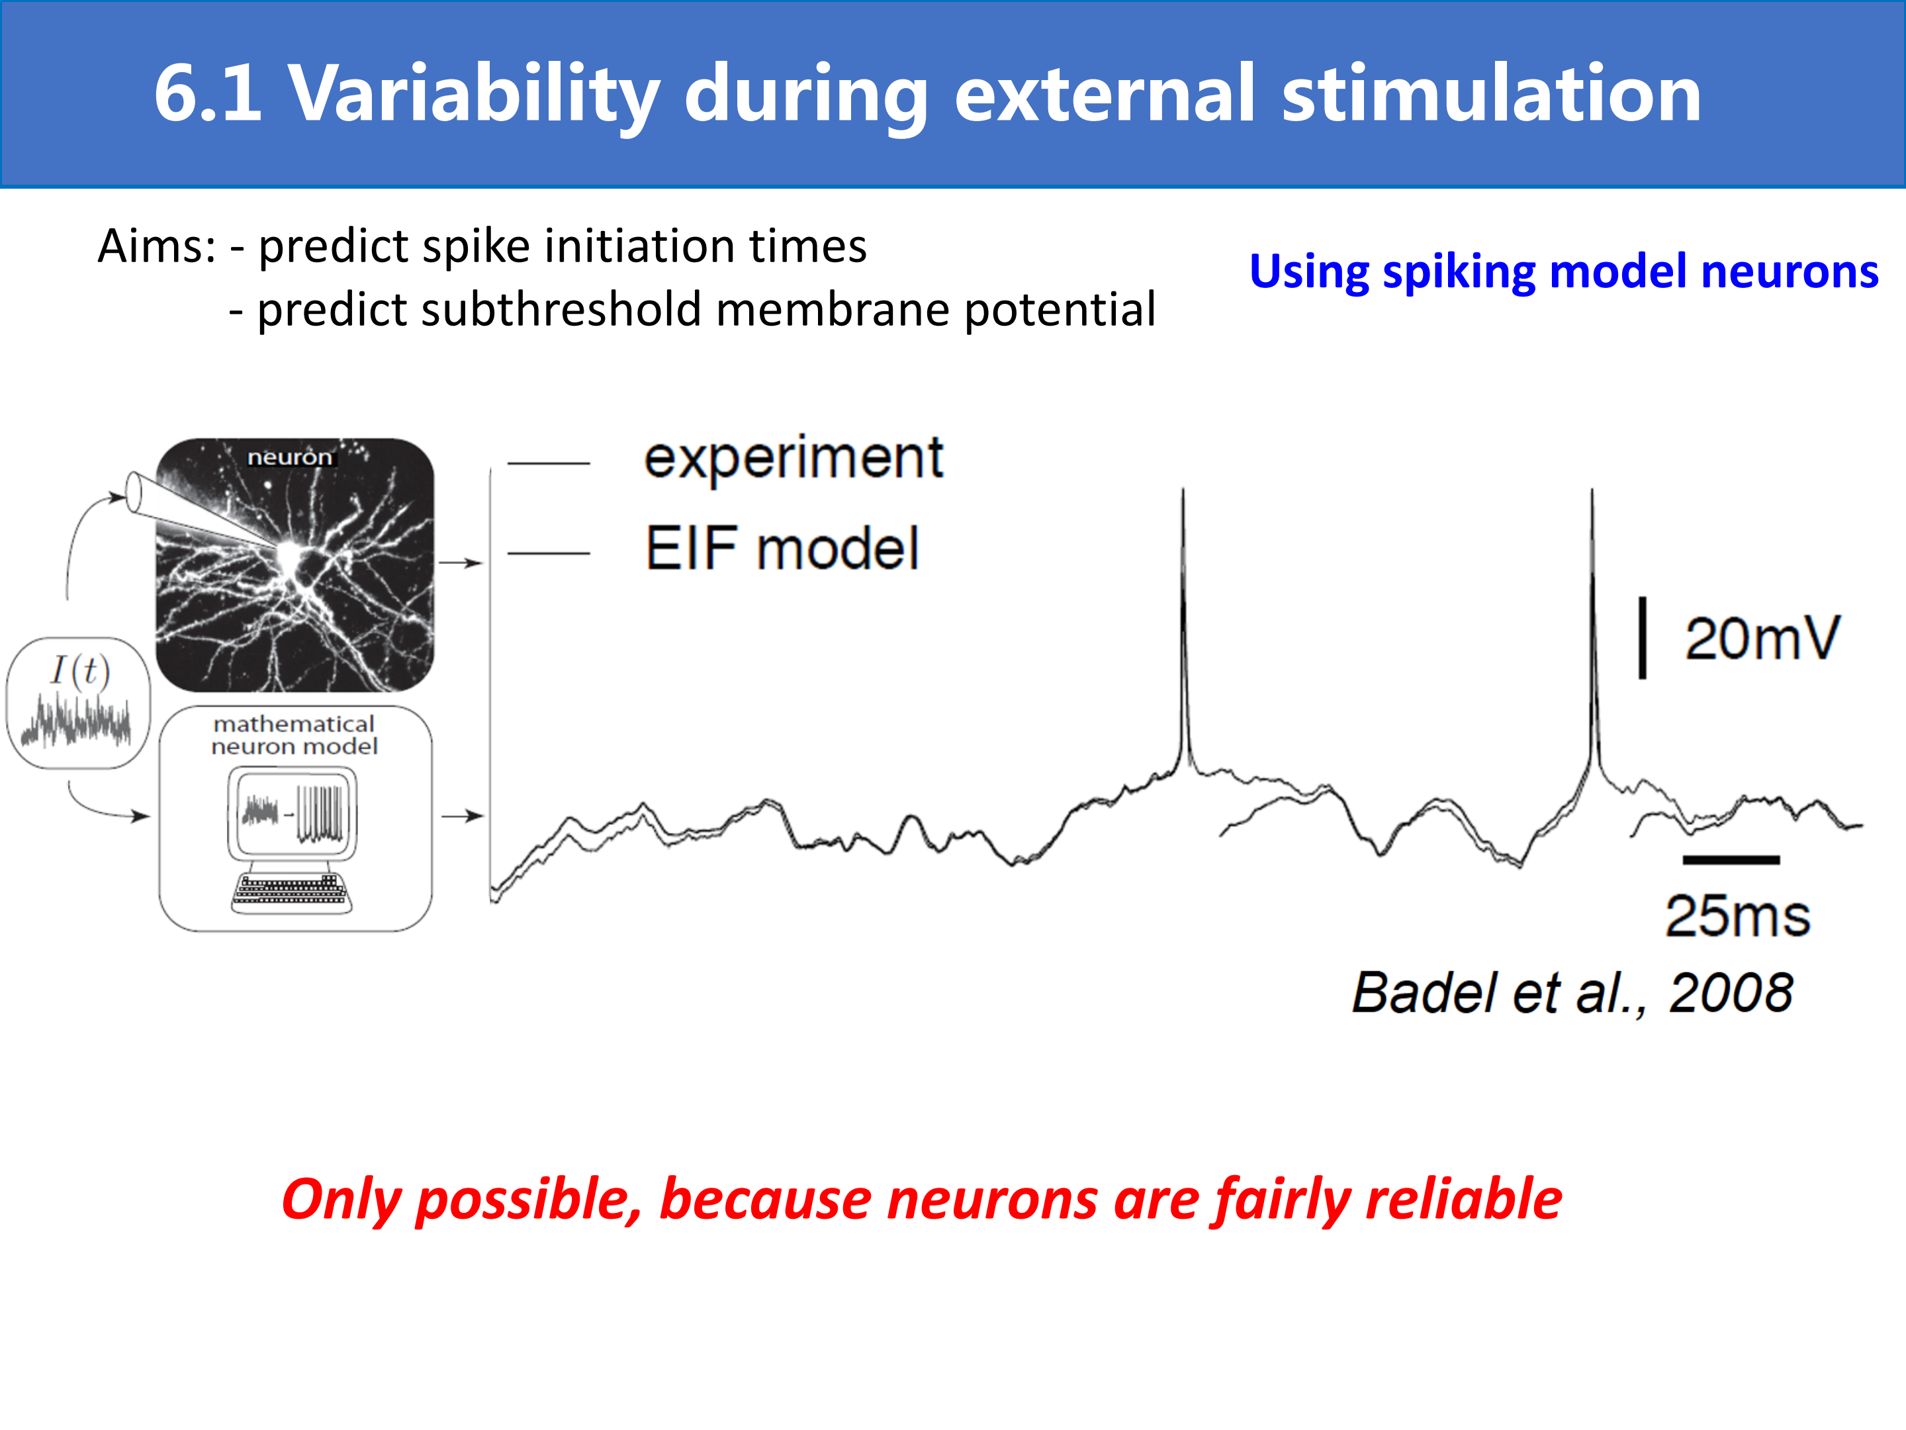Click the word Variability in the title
coord(475,95)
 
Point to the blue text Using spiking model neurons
coord(1563,272)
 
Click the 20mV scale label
coord(1762,639)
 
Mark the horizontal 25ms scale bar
coord(1731,859)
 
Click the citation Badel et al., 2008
coord(1572,993)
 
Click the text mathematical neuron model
coord(295,736)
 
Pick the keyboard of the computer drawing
coord(291,892)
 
